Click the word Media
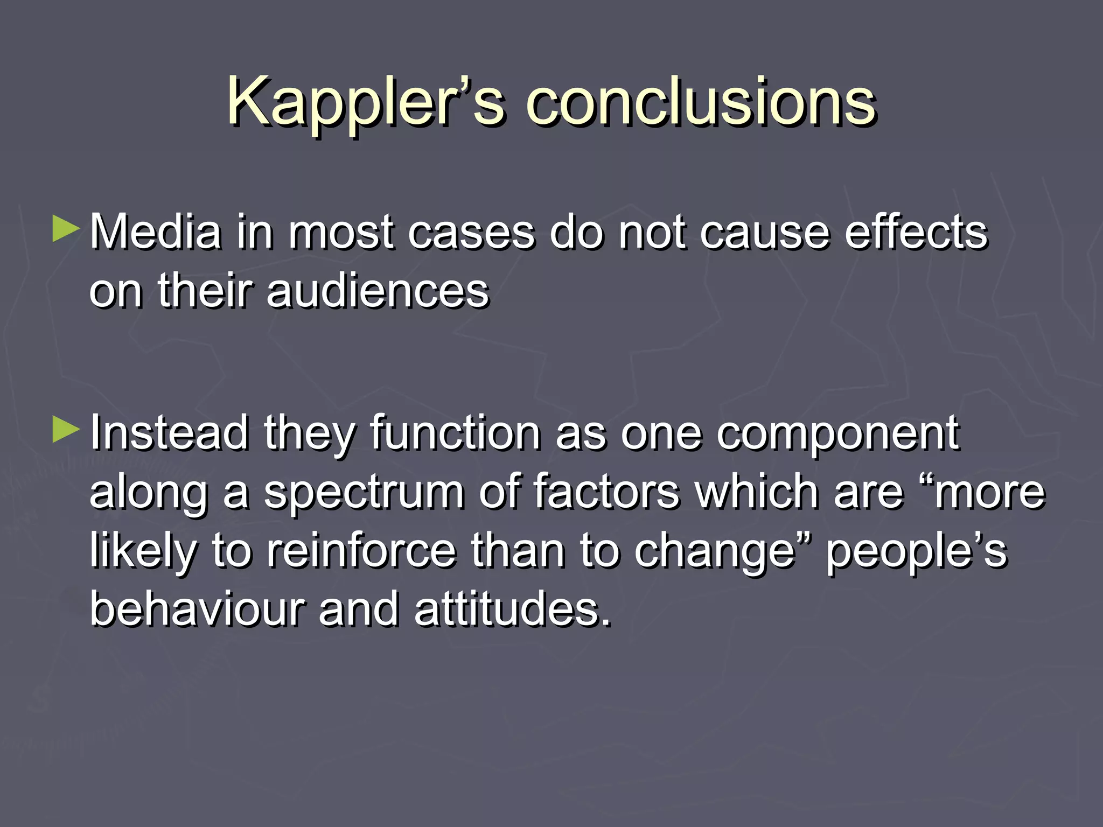(155, 232)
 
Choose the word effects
(916, 232)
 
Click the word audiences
(377, 291)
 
